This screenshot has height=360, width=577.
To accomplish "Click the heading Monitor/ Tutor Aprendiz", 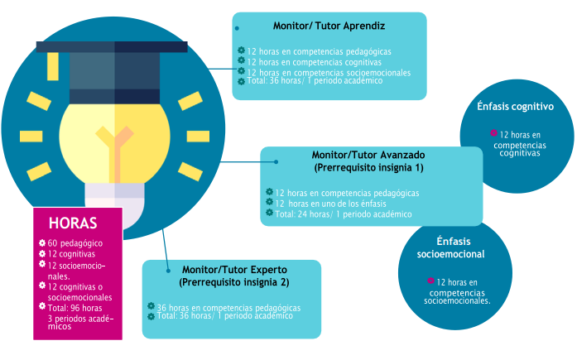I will click(329, 26).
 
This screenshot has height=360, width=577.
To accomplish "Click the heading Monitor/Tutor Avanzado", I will click(368, 155).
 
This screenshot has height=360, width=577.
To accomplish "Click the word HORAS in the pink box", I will click(74, 223).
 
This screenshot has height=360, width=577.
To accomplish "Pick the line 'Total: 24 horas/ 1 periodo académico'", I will click(343, 214).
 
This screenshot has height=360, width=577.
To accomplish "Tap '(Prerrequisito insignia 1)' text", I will click(368, 167).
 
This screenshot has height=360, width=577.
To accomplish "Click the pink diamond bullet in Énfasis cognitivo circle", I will click(493, 132).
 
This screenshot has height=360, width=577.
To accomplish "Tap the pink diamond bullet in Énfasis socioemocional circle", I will click(430, 281).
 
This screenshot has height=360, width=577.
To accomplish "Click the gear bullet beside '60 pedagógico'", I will click(42, 242).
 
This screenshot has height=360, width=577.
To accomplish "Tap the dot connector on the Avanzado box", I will click(276, 162).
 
